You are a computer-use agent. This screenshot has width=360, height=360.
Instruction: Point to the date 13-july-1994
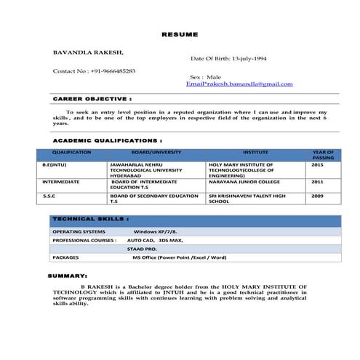click(x=247, y=57)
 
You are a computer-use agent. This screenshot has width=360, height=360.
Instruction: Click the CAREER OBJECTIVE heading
click(x=92, y=97)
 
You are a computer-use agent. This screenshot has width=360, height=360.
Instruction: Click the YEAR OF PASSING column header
click(x=323, y=154)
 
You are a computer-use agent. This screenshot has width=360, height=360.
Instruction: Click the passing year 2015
click(x=317, y=165)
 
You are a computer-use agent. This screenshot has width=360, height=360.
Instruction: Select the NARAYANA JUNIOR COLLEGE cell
click(x=244, y=182)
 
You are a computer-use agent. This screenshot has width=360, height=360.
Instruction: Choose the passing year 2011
click(x=317, y=182)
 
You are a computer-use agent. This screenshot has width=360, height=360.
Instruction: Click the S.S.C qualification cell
click(x=48, y=196)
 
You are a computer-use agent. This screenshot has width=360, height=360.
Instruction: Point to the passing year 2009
click(x=317, y=196)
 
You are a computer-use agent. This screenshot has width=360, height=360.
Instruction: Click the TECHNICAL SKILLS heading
click(x=91, y=218)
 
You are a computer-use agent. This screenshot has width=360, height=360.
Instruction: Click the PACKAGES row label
click(x=66, y=257)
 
